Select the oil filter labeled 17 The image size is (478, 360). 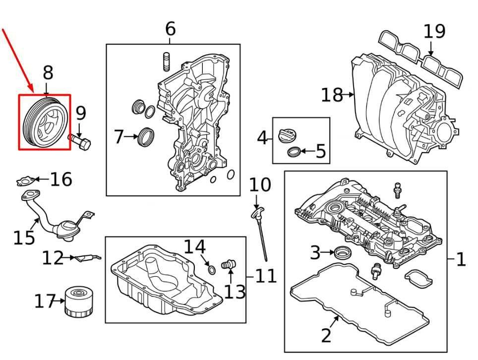pyautogui.click(x=77, y=302)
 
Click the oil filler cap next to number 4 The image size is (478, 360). pyautogui.click(x=287, y=135)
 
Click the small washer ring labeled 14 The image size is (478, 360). pyautogui.click(x=211, y=269)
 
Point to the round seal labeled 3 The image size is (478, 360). pyautogui.click(x=341, y=253)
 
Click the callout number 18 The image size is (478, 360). pyautogui.click(x=332, y=94)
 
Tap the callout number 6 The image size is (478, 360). pyautogui.click(x=170, y=29)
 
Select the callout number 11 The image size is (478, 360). pyautogui.click(x=265, y=275)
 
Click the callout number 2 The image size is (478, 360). pyautogui.click(x=326, y=335)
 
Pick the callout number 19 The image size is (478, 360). pyautogui.click(x=434, y=31)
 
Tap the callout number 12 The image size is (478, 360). pyautogui.click(x=53, y=257)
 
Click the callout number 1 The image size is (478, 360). pyautogui.click(x=461, y=258)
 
